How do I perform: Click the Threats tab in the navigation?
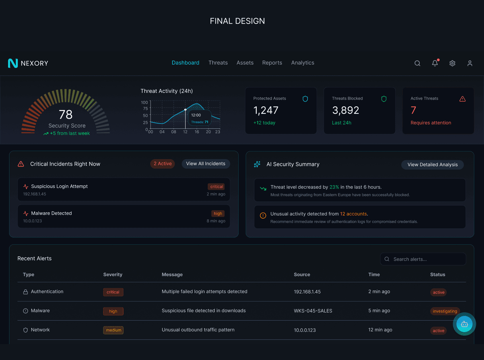coord(218,63)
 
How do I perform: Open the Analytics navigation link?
coord(302,63)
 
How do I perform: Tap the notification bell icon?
coord(435,63)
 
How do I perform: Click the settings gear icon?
coord(452,63)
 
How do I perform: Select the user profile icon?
coord(470,63)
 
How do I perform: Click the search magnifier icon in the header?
coord(417,63)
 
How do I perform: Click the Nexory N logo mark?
coord(13,63)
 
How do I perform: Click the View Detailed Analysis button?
coord(433,165)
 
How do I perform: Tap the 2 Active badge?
coord(163,164)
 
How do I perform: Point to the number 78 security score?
coord(66,115)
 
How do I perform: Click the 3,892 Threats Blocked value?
coord(346,110)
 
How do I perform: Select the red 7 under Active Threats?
coord(413,110)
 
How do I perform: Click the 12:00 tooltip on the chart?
coord(200,118)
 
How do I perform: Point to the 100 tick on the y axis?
coord(145,103)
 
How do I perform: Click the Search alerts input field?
coord(424,259)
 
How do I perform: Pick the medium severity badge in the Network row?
coord(113,330)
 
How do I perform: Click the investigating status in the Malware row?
coord(445,311)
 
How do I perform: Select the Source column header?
coord(302,275)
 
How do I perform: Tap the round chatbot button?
coord(465,324)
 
